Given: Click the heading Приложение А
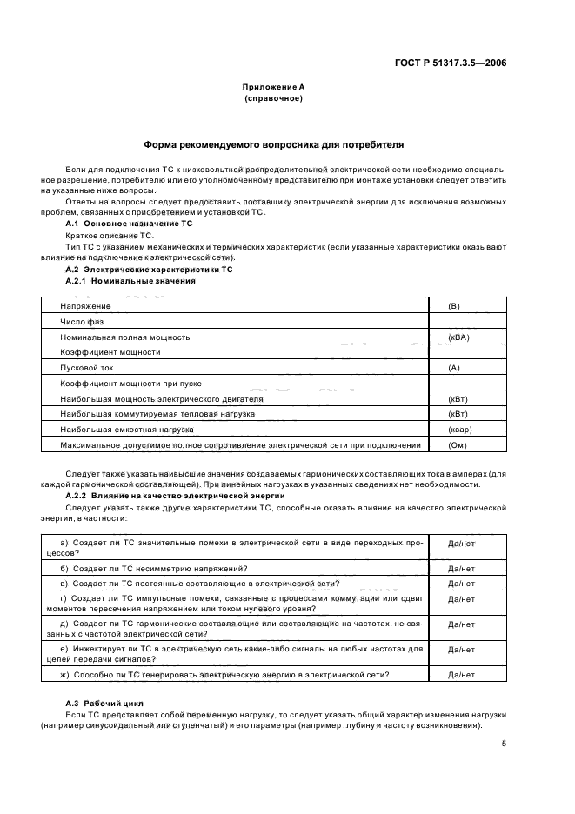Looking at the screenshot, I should [274, 87].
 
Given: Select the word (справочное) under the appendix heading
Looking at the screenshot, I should [274, 99].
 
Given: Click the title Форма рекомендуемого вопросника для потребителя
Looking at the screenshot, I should [273, 144].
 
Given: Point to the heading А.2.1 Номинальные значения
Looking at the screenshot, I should [130, 281].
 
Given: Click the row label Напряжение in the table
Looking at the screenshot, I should [85, 306].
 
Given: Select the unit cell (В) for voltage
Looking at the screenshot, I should [453, 306].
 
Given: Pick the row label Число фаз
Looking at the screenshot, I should [82, 322].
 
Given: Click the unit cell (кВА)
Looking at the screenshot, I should [458, 337].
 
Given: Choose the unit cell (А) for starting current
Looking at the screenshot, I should [453, 368].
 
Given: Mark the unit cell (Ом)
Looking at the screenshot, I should [457, 445].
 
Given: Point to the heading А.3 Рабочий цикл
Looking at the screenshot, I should [105, 702].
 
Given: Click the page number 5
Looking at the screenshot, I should [505, 744].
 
